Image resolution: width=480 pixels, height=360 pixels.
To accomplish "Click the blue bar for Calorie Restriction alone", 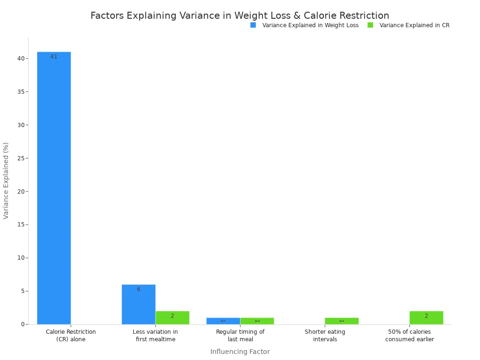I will click(x=54, y=187).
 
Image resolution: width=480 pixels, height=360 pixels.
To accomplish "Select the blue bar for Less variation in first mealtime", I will click(x=138, y=304).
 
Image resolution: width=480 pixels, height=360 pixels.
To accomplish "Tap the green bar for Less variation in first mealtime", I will click(x=172, y=317).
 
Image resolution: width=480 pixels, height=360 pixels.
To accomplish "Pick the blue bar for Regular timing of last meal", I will click(x=223, y=321).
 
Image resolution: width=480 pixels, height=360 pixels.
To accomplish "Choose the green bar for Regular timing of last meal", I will click(x=257, y=321).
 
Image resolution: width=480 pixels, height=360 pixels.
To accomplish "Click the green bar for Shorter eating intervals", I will click(x=341, y=321).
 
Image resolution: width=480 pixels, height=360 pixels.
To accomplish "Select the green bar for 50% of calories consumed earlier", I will click(x=426, y=317).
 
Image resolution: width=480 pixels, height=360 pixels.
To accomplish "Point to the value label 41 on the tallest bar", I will click(x=54, y=57).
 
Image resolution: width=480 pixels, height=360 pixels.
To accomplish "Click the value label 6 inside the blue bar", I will click(x=138, y=289).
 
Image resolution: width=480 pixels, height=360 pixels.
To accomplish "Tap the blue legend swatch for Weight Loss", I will click(x=253, y=25).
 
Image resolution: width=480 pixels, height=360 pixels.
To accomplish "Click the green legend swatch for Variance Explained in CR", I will click(x=370, y=25).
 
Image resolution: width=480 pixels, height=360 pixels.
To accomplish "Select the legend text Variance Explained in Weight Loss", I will click(x=310, y=25).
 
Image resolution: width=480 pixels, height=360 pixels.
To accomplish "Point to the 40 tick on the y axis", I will click(x=21, y=59).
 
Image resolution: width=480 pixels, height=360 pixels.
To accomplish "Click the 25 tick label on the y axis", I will click(x=21, y=158).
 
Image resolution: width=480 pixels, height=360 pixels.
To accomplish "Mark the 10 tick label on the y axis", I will click(x=21, y=258).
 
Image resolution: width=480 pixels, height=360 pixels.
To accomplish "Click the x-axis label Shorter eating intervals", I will click(x=325, y=336).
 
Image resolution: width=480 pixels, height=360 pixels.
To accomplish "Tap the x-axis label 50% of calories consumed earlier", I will click(x=409, y=336).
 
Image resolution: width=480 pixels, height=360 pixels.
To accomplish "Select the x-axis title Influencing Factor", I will click(x=240, y=352).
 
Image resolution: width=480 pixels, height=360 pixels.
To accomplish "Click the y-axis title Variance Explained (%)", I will click(x=6, y=180).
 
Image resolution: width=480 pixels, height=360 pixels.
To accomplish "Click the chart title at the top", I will click(x=240, y=15).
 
